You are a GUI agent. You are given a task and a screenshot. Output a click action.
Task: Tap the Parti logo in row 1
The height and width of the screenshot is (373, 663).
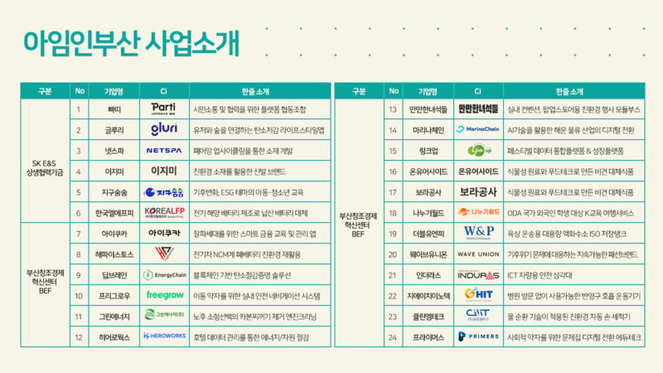pyautogui.click(x=163, y=109)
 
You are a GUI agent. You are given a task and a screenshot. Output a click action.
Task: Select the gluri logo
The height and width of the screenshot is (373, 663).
pyautogui.click(x=163, y=129)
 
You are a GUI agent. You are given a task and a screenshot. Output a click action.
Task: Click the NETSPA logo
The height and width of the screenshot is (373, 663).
pyautogui.click(x=163, y=151)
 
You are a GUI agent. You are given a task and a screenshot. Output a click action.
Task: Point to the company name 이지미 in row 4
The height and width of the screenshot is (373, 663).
pyautogui.click(x=115, y=172)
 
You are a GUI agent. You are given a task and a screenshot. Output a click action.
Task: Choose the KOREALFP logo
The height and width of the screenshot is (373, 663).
pyautogui.click(x=163, y=213)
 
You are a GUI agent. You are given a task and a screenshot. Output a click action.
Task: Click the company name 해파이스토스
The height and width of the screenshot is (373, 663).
pyautogui.click(x=115, y=254)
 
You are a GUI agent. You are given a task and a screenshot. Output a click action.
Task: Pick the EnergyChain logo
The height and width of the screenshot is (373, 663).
pyautogui.click(x=163, y=274)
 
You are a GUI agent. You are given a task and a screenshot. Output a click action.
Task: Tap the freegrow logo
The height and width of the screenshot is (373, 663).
pyautogui.click(x=163, y=295)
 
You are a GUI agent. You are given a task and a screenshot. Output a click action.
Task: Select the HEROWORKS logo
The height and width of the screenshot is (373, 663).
pyautogui.click(x=163, y=337)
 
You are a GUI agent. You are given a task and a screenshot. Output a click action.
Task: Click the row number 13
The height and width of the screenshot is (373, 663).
pyautogui.click(x=393, y=109)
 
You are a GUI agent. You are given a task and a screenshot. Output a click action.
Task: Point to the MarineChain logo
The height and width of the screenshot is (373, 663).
pyautogui.click(x=477, y=129)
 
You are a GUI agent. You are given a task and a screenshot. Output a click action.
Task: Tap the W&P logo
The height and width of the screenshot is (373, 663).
pyautogui.click(x=477, y=233)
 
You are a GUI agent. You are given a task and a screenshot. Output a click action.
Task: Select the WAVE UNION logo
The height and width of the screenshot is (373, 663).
pyautogui.click(x=477, y=254)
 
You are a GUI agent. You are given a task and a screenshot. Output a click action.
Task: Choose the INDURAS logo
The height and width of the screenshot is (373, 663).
pyautogui.click(x=477, y=274)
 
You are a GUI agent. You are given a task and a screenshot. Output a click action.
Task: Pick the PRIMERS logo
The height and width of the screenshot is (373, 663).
pyautogui.click(x=477, y=337)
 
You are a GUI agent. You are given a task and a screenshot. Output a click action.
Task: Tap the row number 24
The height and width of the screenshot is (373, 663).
pyautogui.click(x=393, y=337)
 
